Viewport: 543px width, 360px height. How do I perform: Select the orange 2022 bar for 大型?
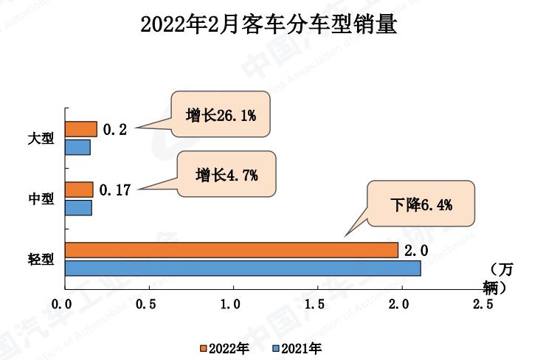80,129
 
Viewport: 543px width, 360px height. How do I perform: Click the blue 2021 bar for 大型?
77,147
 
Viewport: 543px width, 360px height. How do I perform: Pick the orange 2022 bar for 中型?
79,190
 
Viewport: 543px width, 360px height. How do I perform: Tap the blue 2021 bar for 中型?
78,207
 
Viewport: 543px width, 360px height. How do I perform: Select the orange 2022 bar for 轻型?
231,250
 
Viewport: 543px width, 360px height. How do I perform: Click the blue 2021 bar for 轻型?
243,268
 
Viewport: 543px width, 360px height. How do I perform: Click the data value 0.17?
116,190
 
